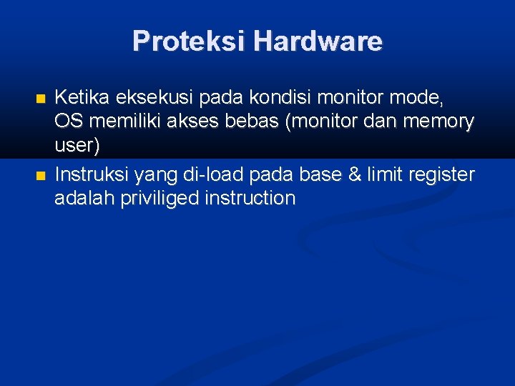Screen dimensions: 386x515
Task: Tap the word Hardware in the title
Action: pyautogui.click(x=317, y=41)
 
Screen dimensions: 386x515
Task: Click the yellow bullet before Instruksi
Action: pyautogui.click(x=40, y=175)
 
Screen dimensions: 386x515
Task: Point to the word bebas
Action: pyautogui.click(x=255, y=122)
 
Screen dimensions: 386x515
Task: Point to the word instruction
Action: pyautogui.click(x=250, y=197)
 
